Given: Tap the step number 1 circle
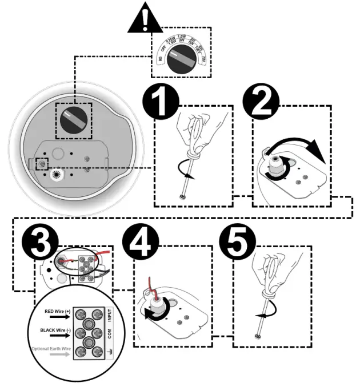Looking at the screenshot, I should tap(161, 104).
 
